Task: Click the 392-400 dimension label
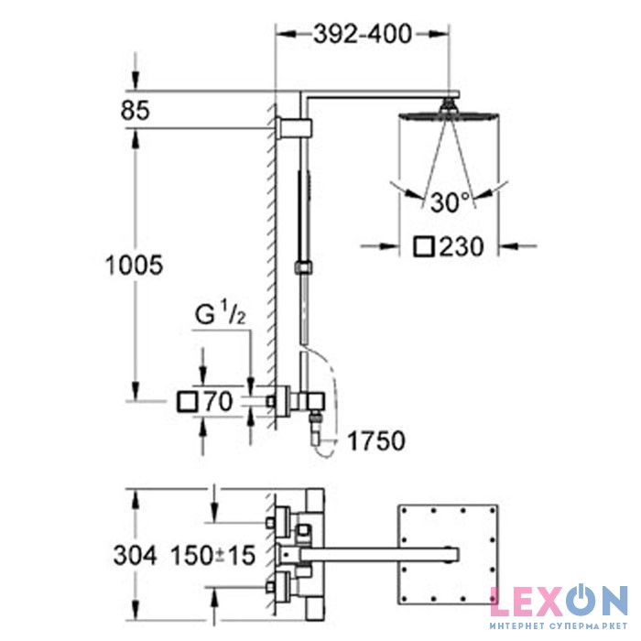(363, 34)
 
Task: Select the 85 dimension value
(136, 111)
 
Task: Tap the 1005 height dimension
(134, 265)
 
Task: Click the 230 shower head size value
(462, 246)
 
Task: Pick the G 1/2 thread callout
(221, 313)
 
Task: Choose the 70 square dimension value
(219, 401)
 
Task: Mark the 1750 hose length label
(376, 440)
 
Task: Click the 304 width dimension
(135, 556)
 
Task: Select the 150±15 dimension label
(213, 556)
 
